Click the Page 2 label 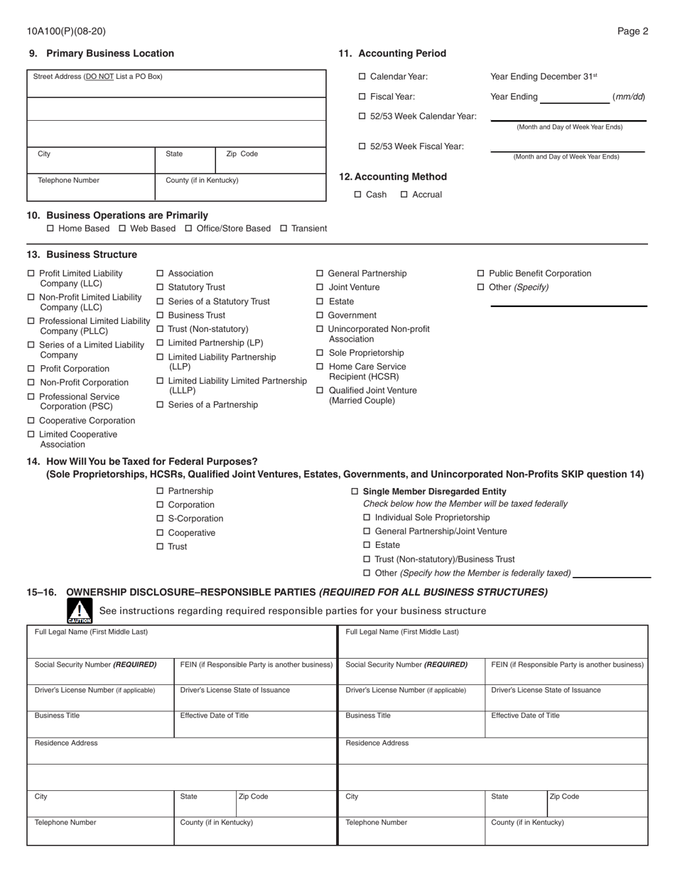(632, 31)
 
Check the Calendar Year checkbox (362, 77)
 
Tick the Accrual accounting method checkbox (404, 195)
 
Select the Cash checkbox (358, 195)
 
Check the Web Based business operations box (122, 229)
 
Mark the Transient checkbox (283, 229)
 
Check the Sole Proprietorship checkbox (320, 353)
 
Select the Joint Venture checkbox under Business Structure (320, 288)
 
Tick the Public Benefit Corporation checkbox (481, 274)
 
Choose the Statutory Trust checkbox (160, 288)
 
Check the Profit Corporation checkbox (31, 369)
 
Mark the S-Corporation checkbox (160, 519)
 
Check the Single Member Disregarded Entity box (355, 492)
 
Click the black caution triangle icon (80, 610)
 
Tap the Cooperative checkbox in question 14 (160, 533)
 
